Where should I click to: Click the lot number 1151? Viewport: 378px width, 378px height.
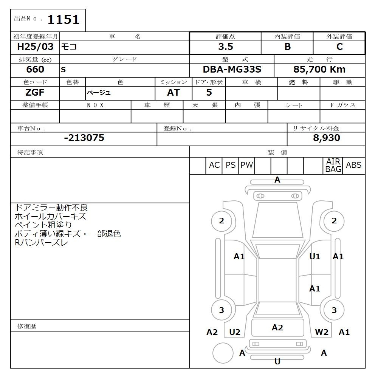[x=64, y=20]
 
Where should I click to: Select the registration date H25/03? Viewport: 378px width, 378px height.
[x=35, y=46]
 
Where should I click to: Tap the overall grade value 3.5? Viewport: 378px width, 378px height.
[x=226, y=46]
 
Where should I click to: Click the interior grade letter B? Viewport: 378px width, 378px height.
[x=288, y=46]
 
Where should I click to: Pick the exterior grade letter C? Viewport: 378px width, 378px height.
[x=339, y=46]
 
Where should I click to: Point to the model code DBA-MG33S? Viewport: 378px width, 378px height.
[x=232, y=70]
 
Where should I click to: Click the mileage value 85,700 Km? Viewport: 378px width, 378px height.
[x=319, y=70]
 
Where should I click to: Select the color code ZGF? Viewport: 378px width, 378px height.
[x=35, y=92]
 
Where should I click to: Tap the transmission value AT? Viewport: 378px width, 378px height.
[x=174, y=92]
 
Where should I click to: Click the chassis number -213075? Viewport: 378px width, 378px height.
[x=84, y=138]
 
